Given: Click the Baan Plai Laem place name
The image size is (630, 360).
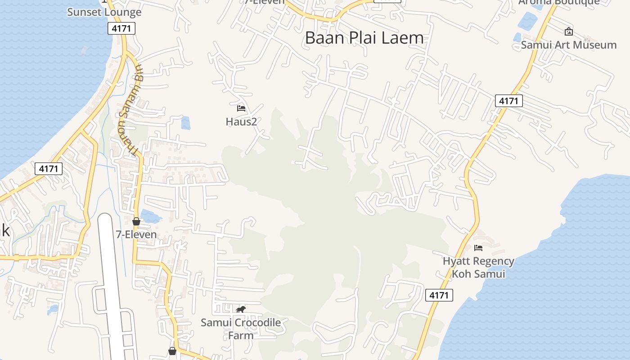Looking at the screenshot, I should click(x=364, y=38).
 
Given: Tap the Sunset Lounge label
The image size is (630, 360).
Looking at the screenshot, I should click(x=104, y=12).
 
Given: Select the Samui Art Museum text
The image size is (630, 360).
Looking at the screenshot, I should click(x=568, y=45).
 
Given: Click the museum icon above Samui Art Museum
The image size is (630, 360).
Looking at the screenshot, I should click(x=568, y=31).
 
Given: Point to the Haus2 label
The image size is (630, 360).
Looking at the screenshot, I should click(x=241, y=121).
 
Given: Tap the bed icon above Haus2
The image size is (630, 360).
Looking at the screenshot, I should click(x=241, y=108).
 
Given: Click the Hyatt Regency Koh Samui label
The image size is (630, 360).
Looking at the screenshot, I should click(x=478, y=267).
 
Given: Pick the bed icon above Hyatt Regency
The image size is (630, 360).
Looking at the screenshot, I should click(x=478, y=247).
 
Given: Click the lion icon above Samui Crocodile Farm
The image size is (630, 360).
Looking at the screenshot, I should click(x=241, y=309).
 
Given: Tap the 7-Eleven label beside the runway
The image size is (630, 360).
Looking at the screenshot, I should click(x=136, y=234).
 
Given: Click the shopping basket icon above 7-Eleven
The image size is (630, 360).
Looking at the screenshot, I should click(x=136, y=221).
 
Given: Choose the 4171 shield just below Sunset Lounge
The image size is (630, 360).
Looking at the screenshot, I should click(x=121, y=29).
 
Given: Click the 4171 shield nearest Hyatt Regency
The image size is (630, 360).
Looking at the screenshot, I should click(x=439, y=295).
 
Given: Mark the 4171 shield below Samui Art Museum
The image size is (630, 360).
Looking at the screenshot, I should click(x=508, y=101).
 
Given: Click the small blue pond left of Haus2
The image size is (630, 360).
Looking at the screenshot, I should click(x=185, y=123).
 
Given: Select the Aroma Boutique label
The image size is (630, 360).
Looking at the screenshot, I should click(x=558, y=2).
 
